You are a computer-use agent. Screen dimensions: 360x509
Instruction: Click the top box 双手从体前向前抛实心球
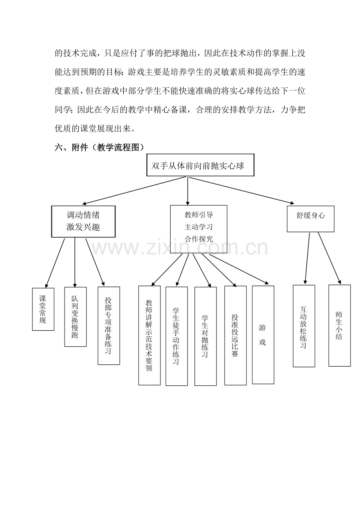200,165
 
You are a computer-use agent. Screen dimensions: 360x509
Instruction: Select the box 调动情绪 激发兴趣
83,222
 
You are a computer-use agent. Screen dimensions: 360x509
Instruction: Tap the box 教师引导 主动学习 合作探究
198,229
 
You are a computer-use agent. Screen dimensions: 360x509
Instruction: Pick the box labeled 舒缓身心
310,219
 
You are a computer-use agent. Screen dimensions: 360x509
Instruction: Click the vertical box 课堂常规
43,309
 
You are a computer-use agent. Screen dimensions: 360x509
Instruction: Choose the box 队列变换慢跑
75,317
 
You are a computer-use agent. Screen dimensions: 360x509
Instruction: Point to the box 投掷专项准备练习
109,326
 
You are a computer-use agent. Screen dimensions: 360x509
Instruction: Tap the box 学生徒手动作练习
176,336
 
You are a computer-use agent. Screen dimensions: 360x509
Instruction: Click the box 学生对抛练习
205,336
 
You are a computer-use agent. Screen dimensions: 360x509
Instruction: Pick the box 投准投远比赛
236,335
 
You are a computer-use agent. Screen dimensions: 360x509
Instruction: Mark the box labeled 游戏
263,335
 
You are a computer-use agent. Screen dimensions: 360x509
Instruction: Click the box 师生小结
340,325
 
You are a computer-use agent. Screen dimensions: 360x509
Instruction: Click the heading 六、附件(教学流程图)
99,148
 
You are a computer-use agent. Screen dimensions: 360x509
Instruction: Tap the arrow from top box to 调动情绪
134,190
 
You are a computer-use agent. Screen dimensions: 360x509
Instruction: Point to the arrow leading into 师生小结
329,258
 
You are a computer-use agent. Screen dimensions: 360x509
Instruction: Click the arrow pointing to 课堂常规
55,263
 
